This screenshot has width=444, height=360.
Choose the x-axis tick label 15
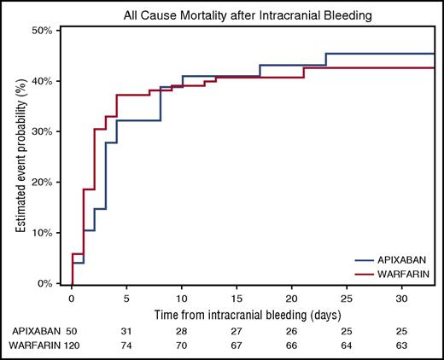(x=235, y=299)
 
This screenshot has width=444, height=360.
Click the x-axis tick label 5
(x=126, y=299)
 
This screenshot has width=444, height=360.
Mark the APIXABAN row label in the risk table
(x=29, y=330)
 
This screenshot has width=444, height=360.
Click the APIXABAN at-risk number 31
(x=126, y=330)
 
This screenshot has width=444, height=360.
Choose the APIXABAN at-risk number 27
(x=235, y=330)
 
